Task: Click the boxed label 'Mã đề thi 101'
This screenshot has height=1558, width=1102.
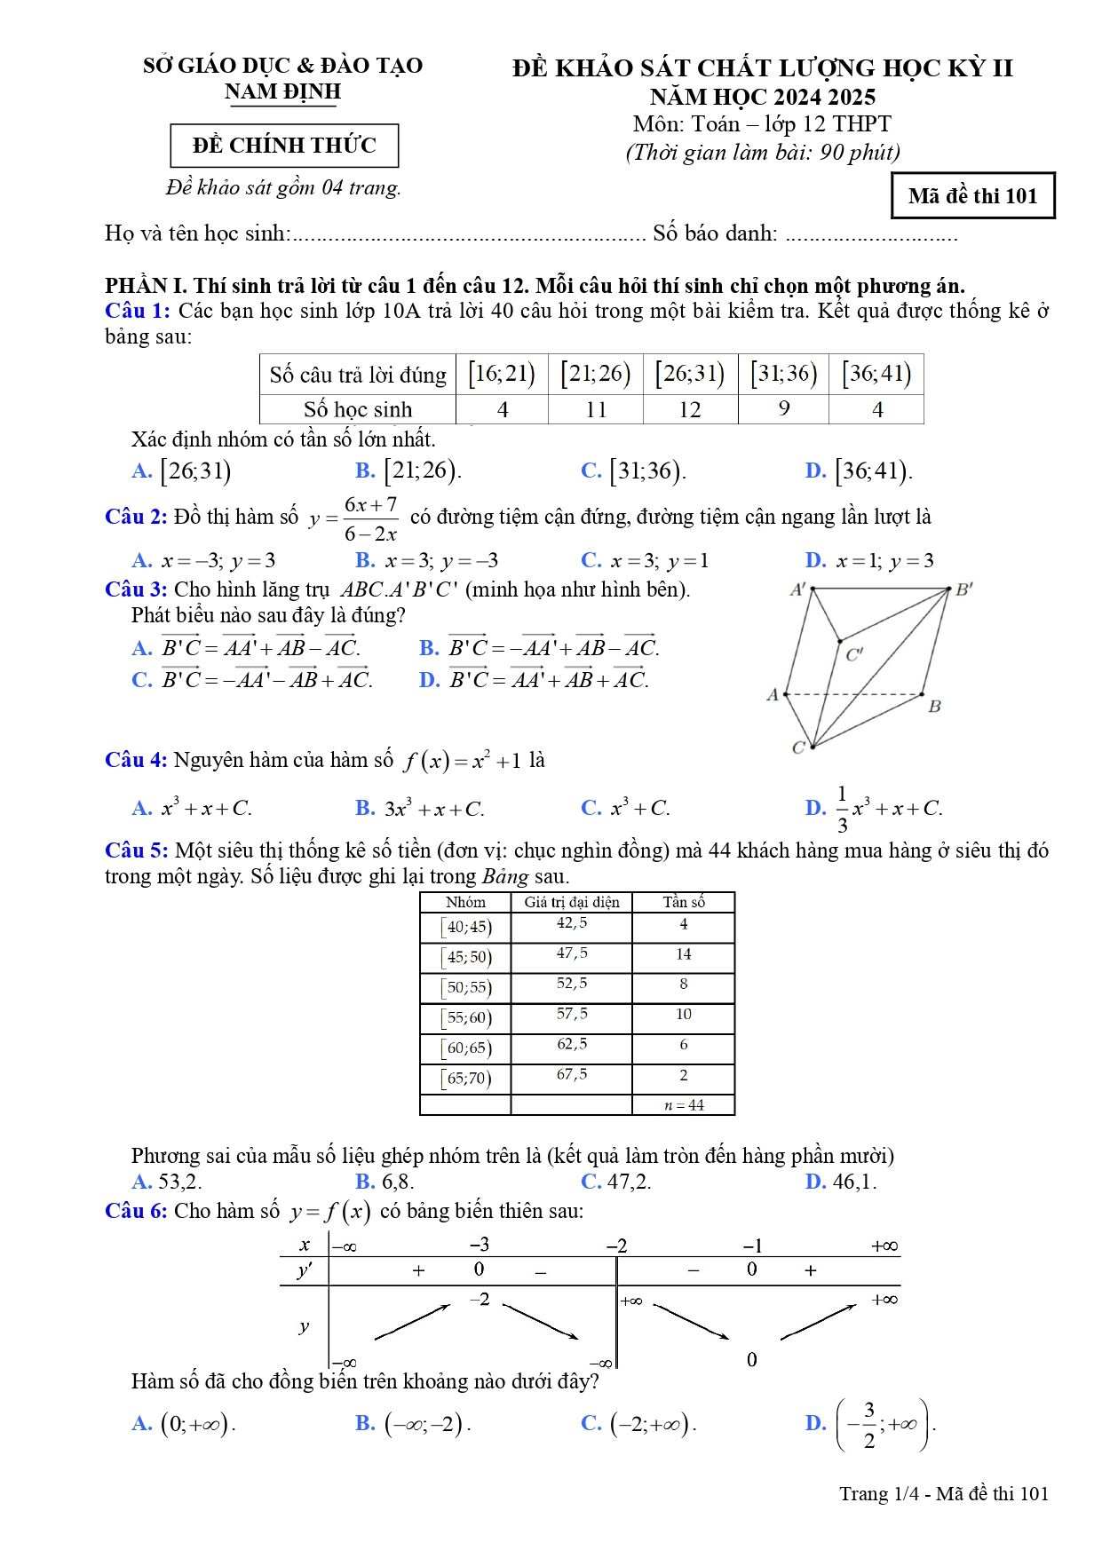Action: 972,196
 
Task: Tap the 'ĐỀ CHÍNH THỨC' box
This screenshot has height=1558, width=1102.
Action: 284,146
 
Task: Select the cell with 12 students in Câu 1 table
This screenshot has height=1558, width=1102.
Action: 690,409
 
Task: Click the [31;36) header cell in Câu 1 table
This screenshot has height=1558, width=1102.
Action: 783,373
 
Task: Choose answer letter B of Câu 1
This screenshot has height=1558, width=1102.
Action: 365,471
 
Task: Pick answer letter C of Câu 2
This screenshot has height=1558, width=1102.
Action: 591,560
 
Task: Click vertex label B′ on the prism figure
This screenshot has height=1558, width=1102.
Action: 964,589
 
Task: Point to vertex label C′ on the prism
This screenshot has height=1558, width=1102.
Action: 854,655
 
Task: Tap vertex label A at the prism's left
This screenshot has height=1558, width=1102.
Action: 773,694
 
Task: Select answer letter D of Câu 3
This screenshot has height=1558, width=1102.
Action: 430,681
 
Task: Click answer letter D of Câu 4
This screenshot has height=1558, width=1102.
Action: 815,808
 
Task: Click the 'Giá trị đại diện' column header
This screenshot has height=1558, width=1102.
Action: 572,902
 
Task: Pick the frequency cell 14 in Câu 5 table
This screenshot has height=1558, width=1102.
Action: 683,954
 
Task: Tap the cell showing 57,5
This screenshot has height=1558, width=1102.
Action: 572,1014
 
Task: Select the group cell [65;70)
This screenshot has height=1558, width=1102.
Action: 466,1079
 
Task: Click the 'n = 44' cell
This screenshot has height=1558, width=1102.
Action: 683,1105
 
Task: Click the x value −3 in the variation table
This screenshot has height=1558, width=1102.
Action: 480,1245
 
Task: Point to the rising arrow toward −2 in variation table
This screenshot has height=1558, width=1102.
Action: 413,1322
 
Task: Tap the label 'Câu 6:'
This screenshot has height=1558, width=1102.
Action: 136,1211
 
